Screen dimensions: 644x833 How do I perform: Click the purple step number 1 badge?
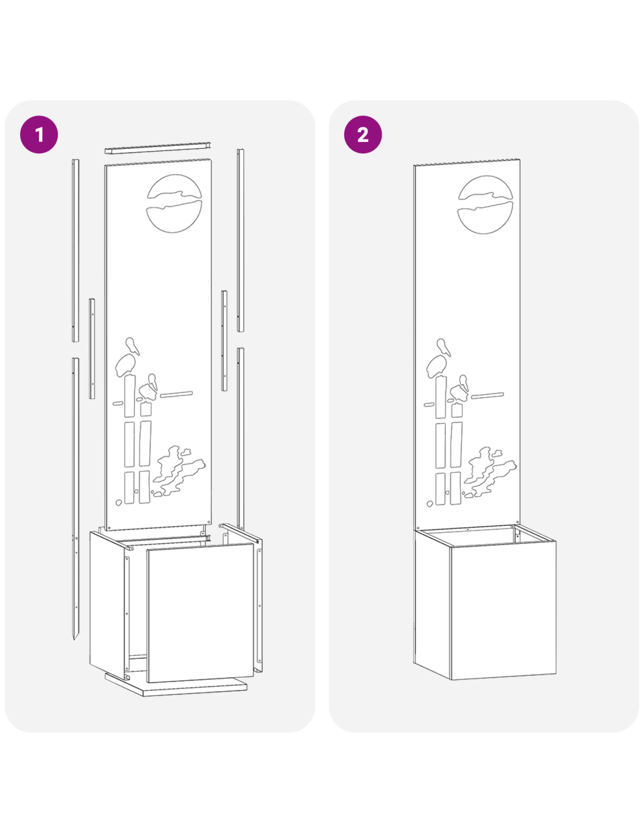tap(39, 135)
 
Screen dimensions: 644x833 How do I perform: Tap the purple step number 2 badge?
tap(363, 135)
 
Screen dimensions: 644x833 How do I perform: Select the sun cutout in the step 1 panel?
tap(174, 203)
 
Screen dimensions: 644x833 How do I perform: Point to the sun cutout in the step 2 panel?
tap(485, 204)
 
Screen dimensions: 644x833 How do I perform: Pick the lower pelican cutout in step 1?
tap(149, 387)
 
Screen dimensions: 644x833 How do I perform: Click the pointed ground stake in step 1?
tap(76, 498)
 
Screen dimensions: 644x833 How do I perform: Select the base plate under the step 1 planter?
tap(176, 687)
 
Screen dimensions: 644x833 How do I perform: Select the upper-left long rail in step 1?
tap(76, 250)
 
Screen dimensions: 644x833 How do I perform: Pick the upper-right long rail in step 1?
tap(240, 240)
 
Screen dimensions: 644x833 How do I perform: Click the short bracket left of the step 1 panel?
tap(92, 349)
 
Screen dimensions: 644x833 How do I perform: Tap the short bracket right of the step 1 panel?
tap(224, 340)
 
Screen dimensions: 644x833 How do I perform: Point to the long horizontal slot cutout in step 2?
tap(487, 395)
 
